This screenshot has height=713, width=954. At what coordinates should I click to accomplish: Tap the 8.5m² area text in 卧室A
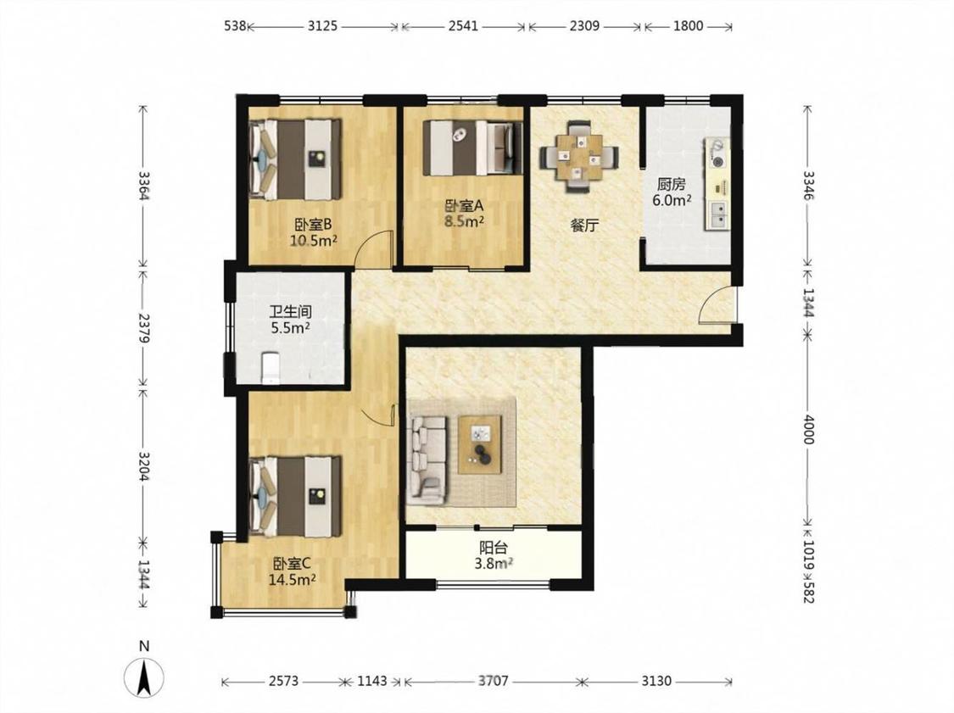tap(464, 221)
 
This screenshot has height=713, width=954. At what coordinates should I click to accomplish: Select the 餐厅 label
tap(584, 226)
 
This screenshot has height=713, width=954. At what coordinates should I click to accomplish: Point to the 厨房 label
tap(671, 184)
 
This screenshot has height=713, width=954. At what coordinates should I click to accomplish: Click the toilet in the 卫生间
tap(270, 367)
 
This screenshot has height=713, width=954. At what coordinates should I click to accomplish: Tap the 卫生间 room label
tap(290, 312)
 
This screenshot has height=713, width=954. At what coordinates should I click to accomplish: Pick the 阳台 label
tap(494, 548)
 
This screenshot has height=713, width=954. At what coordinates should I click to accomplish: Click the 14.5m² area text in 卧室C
tap(292, 579)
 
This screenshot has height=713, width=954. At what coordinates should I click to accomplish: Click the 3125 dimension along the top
tap(322, 25)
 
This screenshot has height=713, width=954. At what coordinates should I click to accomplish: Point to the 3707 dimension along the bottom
tap(493, 680)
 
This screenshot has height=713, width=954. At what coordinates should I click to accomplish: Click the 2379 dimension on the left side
tap(144, 328)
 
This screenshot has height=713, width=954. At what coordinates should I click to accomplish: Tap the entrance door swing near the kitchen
tap(717, 304)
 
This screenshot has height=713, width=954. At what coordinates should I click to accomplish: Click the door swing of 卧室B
tap(374, 249)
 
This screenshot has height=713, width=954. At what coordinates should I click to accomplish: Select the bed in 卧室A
tap(472, 148)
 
